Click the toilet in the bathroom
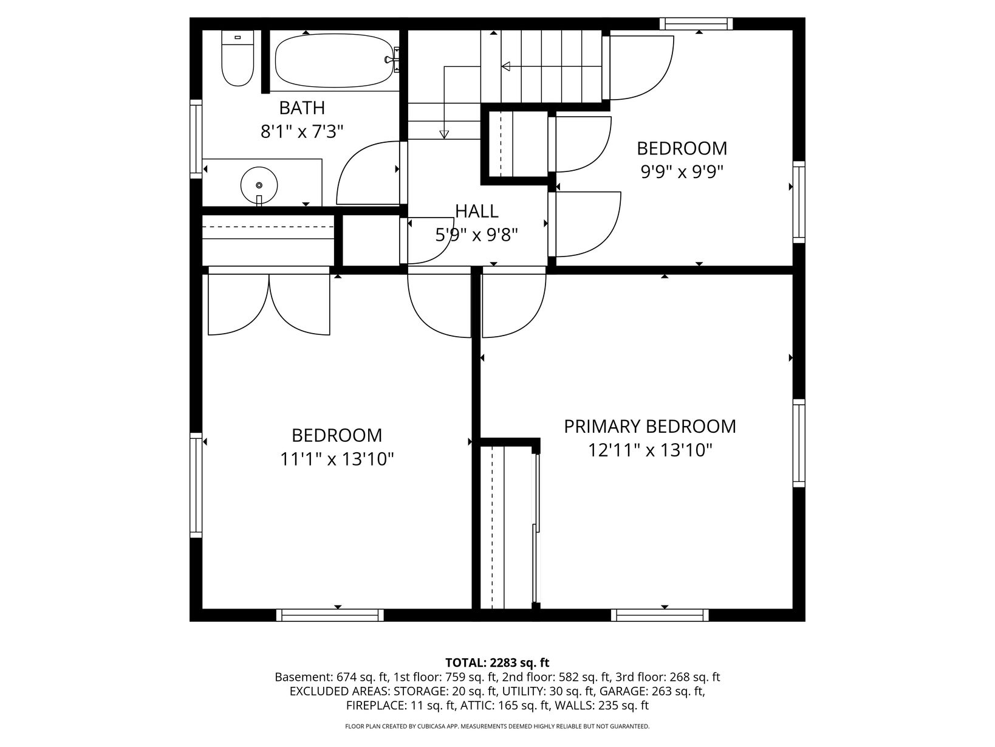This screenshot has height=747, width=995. click(238, 58)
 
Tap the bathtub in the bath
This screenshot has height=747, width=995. click(335, 61)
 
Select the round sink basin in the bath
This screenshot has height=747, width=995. click(259, 185)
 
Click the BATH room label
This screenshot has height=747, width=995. click(302, 108)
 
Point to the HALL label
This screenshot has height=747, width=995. click(476, 212)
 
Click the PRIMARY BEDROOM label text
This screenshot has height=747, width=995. click(649, 426)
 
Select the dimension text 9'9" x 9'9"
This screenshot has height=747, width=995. click(682, 172)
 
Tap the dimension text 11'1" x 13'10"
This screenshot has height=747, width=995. click(337, 460)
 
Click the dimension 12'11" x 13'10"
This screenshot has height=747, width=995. click(650, 450)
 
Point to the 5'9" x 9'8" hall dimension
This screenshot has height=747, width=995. click(476, 235)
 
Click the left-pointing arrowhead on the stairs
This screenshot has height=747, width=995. click(506, 67)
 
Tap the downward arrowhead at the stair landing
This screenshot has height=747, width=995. click(444, 134)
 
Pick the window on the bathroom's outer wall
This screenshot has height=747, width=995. click(196, 139)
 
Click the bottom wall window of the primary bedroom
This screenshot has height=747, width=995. click(660, 615)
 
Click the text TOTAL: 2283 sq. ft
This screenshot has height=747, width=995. click(497, 663)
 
